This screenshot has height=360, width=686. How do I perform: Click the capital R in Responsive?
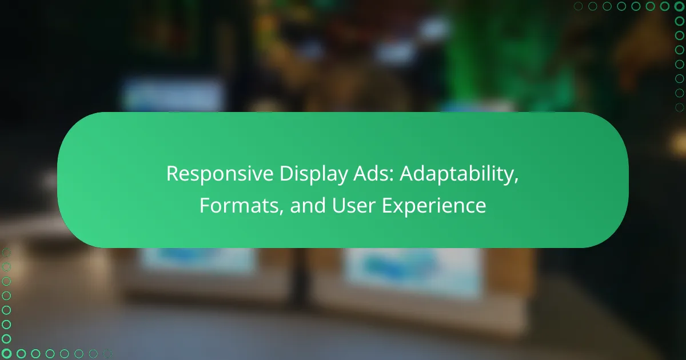coord(171,175)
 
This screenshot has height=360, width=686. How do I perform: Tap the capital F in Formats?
coord(204,205)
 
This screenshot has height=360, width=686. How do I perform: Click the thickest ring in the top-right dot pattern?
coord(680,6)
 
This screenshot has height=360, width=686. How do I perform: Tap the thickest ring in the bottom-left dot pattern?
coord(6,354)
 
